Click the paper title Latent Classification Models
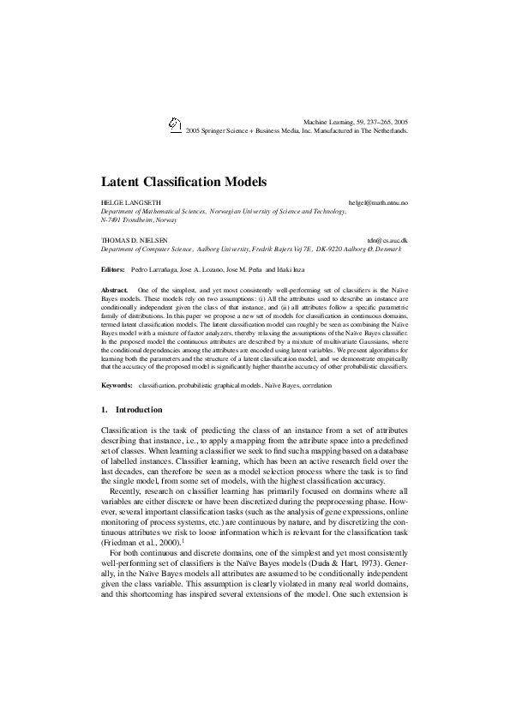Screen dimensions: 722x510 [184, 182]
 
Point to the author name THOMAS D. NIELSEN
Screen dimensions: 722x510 [135, 241]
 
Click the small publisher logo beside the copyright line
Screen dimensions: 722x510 [175, 124]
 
